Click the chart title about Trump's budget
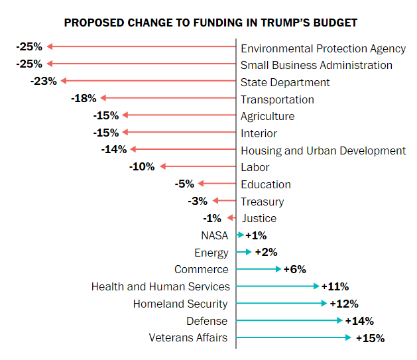(210, 23)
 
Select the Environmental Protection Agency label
(323, 48)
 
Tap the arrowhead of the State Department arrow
(64, 81)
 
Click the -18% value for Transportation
(84, 98)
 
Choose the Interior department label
(259, 133)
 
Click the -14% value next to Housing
(114, 149)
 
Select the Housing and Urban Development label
(323, 150)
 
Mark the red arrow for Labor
(198, 166)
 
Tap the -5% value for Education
(184, 184)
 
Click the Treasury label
(262, 202)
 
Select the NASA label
(214, 235)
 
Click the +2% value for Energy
(265, 252)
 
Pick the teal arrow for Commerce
(259, 269)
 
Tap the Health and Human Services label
(160, 286)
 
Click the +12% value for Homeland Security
(344, 304)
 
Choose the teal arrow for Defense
(290, 321)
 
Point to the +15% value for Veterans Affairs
(370, 338)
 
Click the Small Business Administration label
(316, 65)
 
